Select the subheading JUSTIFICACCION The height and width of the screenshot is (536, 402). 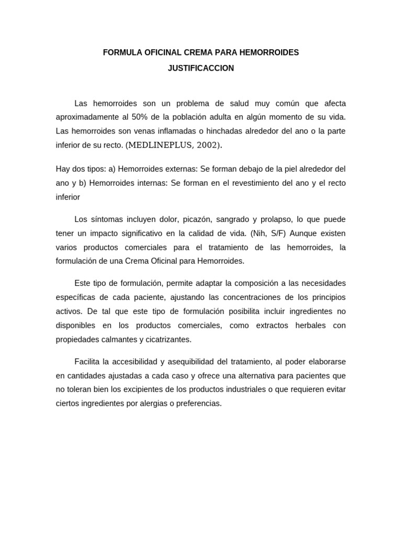pyautogui.click(x=201, y=69)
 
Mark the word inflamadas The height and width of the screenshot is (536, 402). pyautogui.click(x=173, y=130)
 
